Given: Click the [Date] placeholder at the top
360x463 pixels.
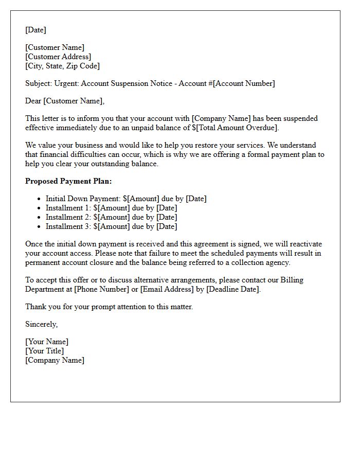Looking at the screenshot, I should [35, 30].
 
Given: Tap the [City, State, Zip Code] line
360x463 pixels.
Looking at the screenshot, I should [62, 66].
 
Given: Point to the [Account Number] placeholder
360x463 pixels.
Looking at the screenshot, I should [244, 83].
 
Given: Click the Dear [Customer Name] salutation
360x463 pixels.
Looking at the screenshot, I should [65, 101].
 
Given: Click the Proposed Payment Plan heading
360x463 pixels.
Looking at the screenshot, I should [68, 181].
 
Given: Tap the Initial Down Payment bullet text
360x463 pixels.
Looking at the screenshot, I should [126, 199].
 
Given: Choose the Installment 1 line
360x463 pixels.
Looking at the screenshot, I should [111, 208].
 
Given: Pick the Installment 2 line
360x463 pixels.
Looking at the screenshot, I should [111, 217].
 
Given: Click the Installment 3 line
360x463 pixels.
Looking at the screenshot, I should [111, 226].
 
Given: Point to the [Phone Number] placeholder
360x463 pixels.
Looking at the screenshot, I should [101, 289].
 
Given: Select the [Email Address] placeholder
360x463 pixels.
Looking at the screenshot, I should [168, 289].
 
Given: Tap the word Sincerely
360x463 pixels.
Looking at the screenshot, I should [42, 324].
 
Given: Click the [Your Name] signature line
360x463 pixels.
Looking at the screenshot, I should [47, 342].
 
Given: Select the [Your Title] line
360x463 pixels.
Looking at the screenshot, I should [45, 351].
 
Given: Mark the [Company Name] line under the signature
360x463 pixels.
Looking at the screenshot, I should [55, 360].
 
